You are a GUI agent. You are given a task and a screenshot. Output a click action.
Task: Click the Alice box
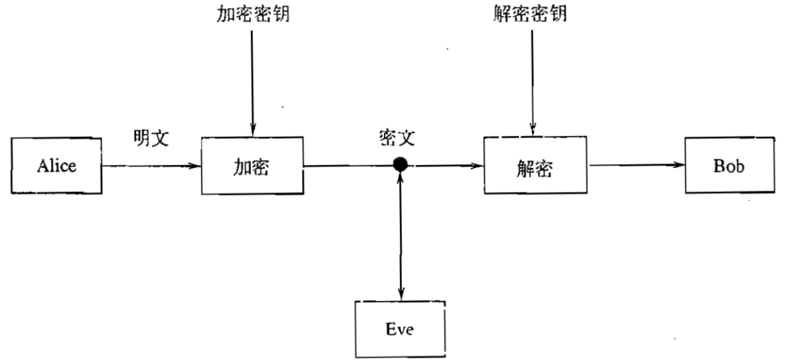click(57, 165)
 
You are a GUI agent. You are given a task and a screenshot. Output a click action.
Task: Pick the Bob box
click(728, 165)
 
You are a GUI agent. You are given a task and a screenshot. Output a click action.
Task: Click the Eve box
click(399, 328)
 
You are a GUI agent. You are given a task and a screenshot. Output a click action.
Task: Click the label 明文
click(151, 138)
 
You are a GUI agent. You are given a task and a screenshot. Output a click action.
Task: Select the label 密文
click(398, 138)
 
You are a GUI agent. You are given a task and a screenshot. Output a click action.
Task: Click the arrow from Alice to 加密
click(151, 166)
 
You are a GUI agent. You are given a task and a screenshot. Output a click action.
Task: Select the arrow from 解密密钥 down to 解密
click(534, 80)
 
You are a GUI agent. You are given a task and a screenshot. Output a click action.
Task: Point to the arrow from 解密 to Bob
click(637, 165)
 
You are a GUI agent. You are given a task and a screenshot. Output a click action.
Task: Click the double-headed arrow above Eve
click(400, 233)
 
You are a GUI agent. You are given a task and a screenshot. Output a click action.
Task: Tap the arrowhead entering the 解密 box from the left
click(480, 166)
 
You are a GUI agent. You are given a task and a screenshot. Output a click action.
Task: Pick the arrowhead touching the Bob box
click(681, 165)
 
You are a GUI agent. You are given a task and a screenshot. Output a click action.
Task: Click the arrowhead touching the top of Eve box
click(400, 294)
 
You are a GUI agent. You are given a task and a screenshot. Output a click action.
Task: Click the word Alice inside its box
click(57, 165)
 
